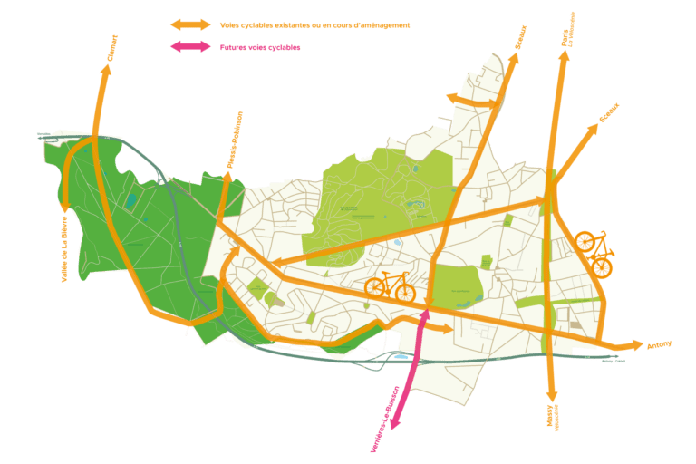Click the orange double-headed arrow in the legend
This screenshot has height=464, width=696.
point(190,24)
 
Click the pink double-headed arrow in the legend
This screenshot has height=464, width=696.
point(190,46)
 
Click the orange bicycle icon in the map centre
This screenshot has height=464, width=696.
point(391,287)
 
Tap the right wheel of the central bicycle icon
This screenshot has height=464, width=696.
point(405,294)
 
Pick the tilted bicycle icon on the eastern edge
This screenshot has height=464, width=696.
point(594,253)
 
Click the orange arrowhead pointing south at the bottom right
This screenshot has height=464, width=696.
point(549,396)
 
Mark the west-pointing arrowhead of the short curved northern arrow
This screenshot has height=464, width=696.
point(449,98)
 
